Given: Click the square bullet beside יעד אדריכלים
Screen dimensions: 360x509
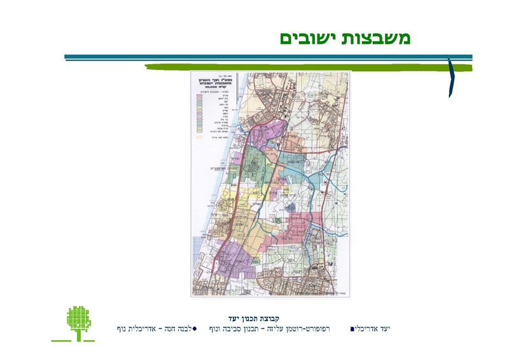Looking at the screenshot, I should pos(352,329).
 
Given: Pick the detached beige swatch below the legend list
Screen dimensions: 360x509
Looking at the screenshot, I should pos(199,137).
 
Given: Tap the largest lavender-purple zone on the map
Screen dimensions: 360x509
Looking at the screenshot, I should pos(235,258).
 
